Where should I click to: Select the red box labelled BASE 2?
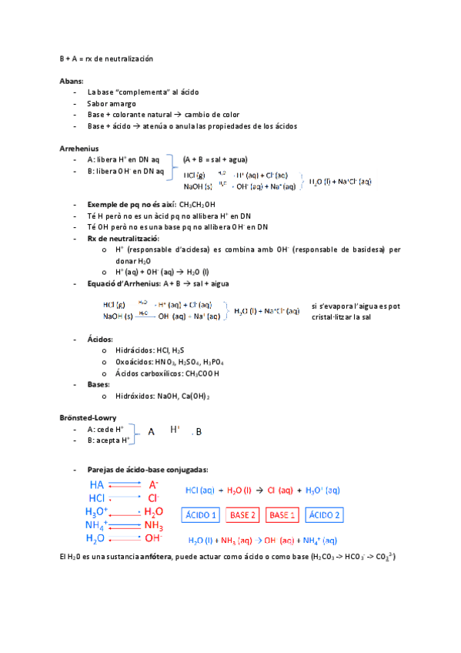243,514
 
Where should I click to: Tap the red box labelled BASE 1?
283,514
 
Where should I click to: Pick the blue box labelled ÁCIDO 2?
325,514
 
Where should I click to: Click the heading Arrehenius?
79,148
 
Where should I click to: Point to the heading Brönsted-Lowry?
87,417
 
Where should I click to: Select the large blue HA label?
96,485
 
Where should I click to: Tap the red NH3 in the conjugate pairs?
154,526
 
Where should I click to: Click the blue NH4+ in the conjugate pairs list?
96,525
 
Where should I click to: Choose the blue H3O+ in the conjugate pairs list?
96,511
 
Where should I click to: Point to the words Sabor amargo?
112,103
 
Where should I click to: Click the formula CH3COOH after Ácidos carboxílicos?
202,373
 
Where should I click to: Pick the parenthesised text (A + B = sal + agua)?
215,159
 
